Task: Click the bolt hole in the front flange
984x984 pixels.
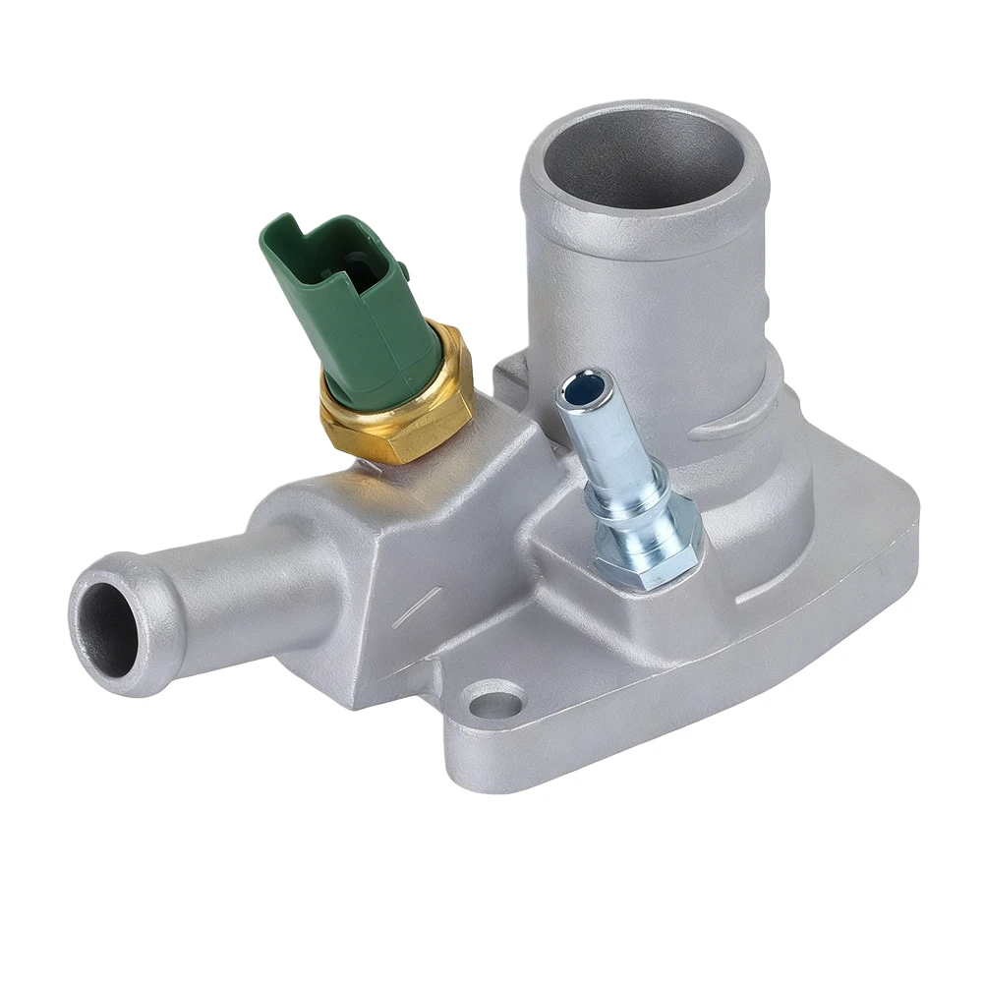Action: pos(495,704)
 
